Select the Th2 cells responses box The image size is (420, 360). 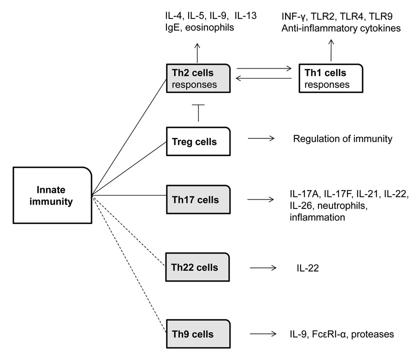(x=198, y=78)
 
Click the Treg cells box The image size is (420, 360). (x=198, y=142)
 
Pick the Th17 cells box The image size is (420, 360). (x=198, y=200)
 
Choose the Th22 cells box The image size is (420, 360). (x=198, y=269)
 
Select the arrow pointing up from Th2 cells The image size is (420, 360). (x=198, y=51)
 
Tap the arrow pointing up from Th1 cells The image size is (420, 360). (x=330, y=50)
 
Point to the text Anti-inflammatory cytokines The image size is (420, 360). (x=341, y=28)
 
